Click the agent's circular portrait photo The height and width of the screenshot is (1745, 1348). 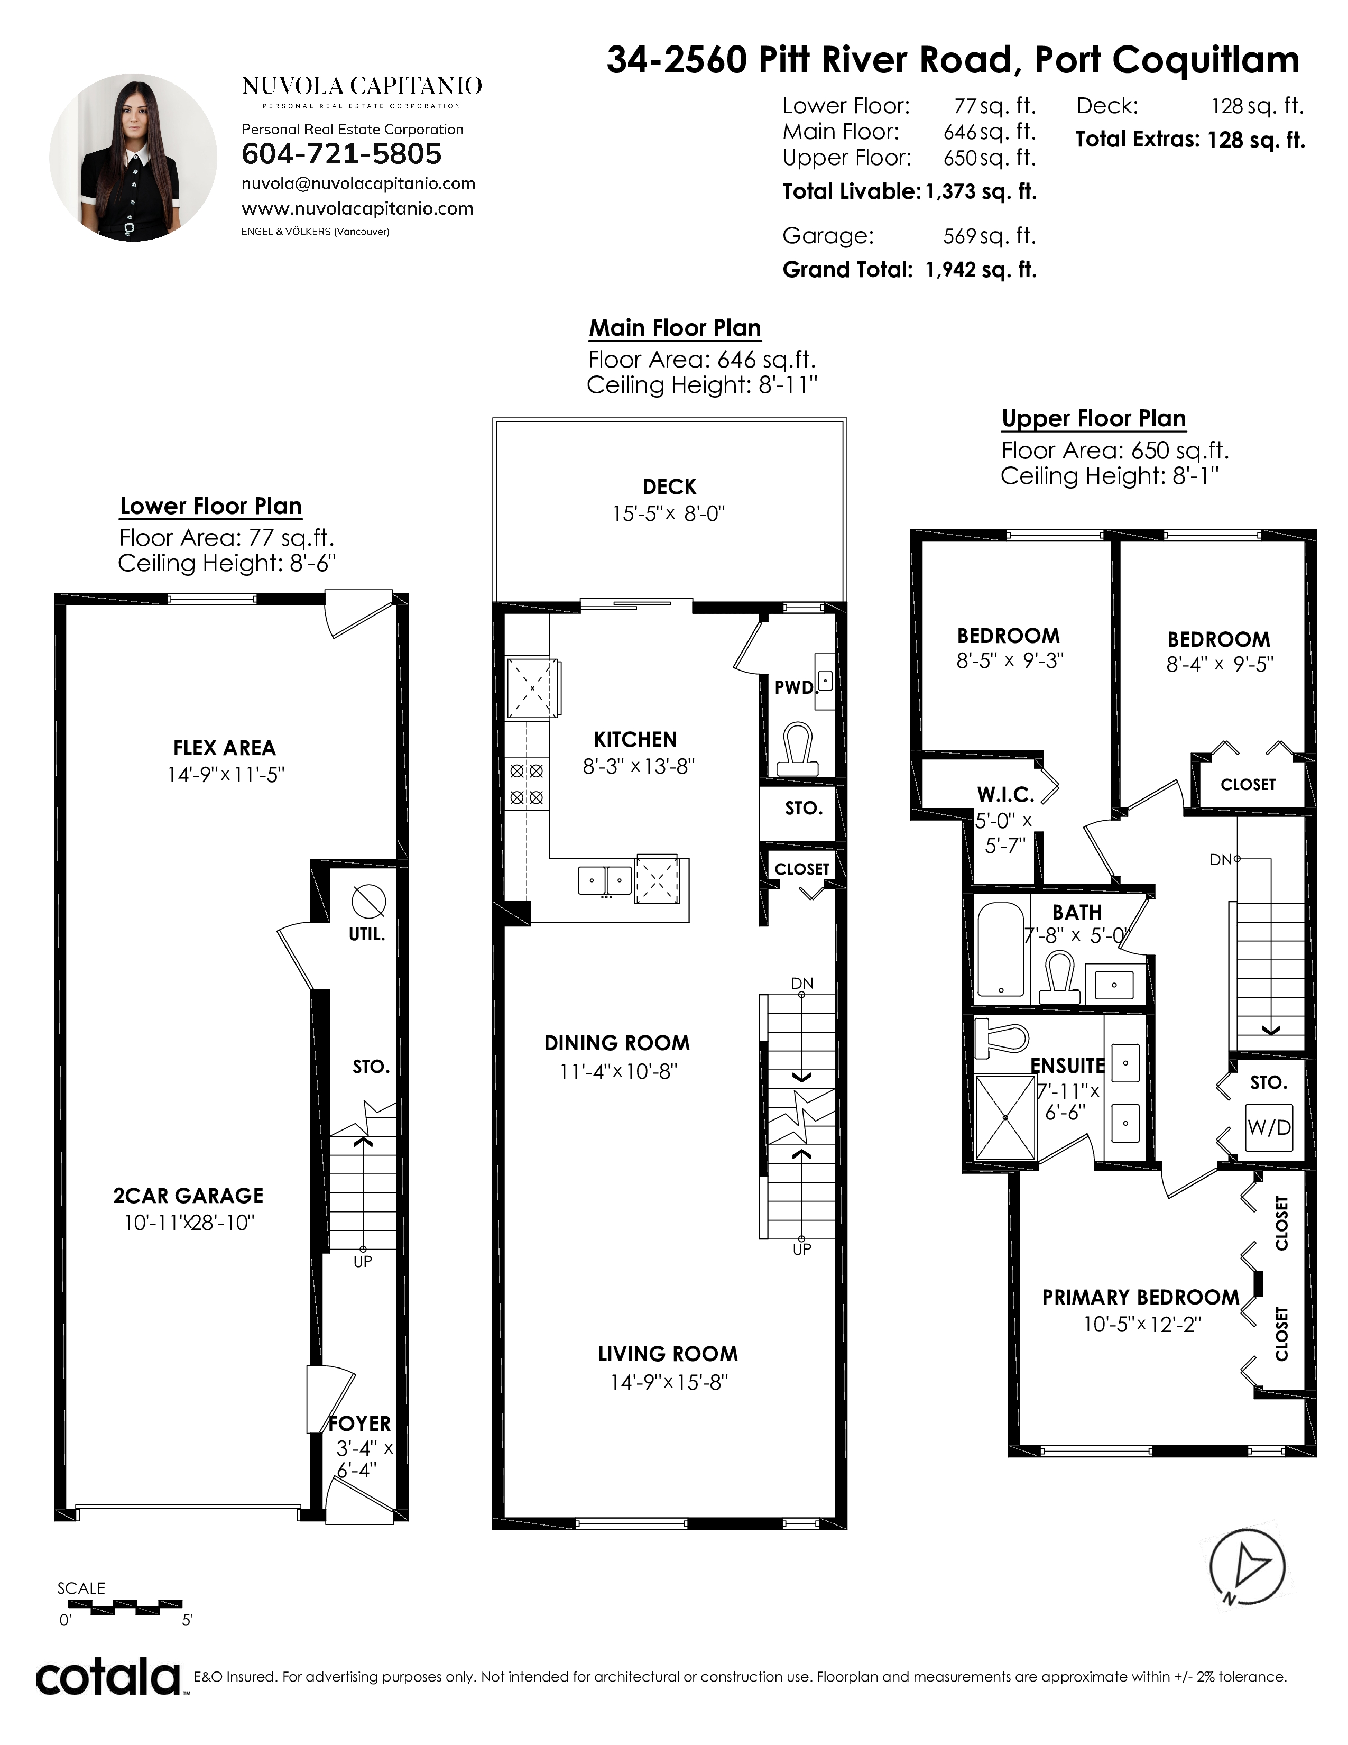pos(133,158)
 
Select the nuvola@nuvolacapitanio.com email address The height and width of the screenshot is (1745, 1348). pos(358,184)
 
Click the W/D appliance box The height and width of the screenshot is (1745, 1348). pos(1269,1127)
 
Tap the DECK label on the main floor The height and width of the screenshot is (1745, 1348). pos(669,486)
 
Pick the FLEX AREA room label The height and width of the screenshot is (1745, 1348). pos(224,748)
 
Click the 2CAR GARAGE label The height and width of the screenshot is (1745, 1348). pos(189,1195)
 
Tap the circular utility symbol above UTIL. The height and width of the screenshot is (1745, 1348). pos(368,901)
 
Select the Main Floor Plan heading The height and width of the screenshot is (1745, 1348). pos(675,328)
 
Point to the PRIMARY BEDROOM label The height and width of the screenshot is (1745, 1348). pos(1140,1298)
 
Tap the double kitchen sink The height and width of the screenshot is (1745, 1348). pos(605,880)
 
